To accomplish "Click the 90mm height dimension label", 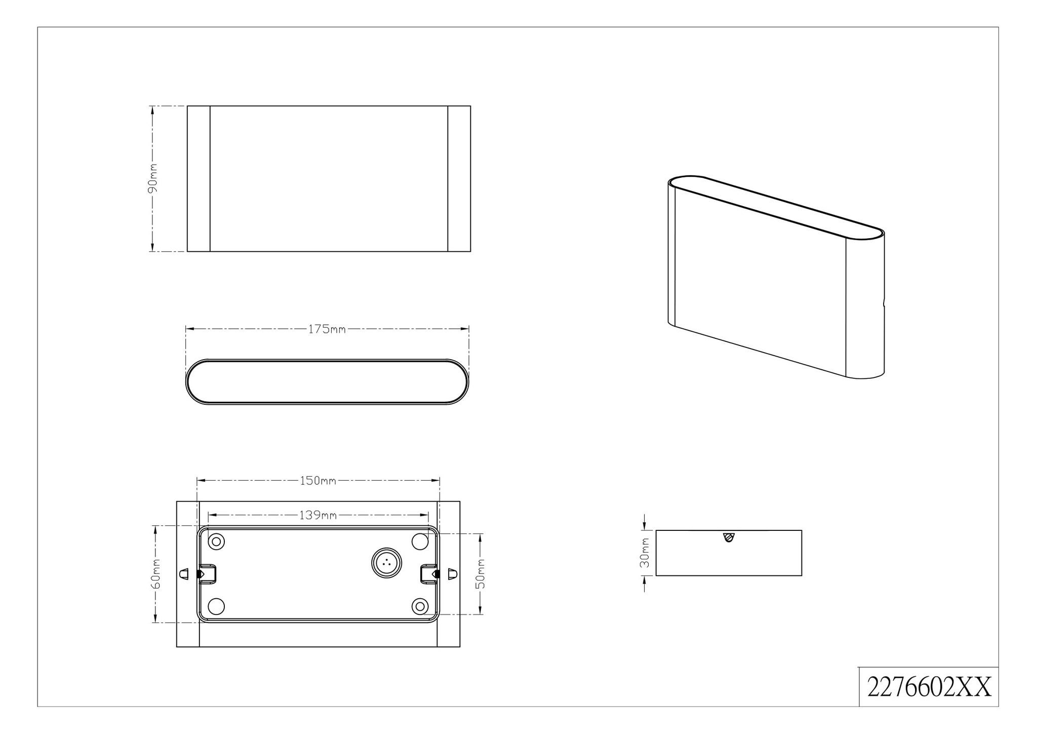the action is click(152, 178).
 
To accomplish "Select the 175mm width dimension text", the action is click(327, 329).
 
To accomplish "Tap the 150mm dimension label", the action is click(318, 480).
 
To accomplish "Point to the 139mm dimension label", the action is click(318, 515).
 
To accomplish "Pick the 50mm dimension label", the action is click(481, 574).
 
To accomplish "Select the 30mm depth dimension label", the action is click(645, 553).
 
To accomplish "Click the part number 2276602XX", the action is click(929, 687).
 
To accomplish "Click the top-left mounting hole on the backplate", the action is click(217, 542).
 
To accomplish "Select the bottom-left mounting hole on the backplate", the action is click(217, 606).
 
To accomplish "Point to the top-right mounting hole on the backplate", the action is click(420, 542).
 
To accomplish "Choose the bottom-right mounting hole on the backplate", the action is click(420, 606).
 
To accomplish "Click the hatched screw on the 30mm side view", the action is click(729, 537).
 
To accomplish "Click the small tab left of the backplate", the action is click(184, 574).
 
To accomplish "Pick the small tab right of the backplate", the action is click(453, 574).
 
